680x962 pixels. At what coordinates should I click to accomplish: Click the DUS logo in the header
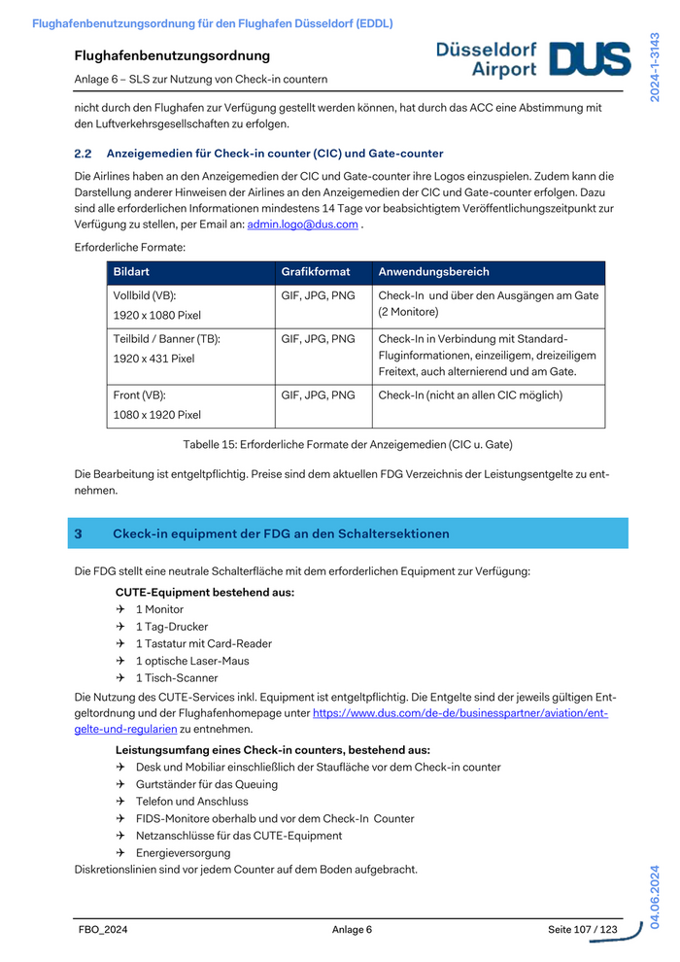590,59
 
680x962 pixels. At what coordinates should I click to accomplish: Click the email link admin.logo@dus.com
302,224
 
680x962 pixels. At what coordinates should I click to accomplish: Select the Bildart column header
132,272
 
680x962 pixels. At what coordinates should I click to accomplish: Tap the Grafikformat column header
316,272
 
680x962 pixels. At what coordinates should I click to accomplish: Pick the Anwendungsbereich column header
433,272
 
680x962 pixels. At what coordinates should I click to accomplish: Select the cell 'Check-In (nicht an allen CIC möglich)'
470,395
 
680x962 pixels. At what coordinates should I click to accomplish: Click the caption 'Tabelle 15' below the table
348,444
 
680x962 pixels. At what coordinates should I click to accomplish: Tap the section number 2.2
83,154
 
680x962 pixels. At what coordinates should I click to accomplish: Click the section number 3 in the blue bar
79,533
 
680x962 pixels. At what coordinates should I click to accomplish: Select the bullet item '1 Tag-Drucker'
171,627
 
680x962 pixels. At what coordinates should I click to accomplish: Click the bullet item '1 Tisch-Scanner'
176,678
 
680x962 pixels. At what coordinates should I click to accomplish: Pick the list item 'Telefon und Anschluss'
191,802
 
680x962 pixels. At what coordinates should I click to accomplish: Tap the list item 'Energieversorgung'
183,853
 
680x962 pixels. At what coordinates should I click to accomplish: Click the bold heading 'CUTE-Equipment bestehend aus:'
205,592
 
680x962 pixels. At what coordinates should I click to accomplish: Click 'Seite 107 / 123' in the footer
583,930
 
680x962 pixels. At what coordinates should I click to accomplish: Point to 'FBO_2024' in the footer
103,930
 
